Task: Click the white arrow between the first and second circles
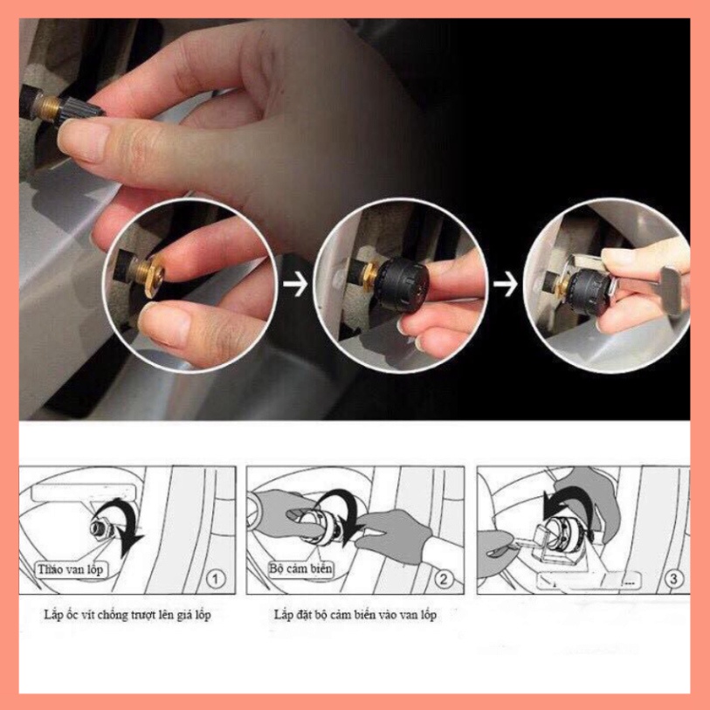pyautogui.click(x=297, y=285)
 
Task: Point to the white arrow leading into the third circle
pyautogui.click(x=506, y=285)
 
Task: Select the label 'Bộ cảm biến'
pyautogui.click(x=302, y=568)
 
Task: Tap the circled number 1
pyautogui.click(x=217, y=577)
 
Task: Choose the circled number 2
pyautogui.click(x=444, y=577)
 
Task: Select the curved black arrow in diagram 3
pyautogui.click(x=560, y=515)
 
